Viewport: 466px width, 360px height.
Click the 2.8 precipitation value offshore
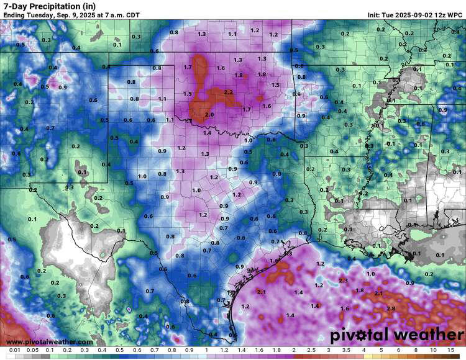[x=391, y=308]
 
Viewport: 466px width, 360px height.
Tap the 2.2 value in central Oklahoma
[x=228, y=92]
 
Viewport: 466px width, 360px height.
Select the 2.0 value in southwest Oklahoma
[x=209, y=115]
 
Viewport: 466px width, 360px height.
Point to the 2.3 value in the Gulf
[x=344, y=281]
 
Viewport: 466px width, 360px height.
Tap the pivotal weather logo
[x=396, y=335]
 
